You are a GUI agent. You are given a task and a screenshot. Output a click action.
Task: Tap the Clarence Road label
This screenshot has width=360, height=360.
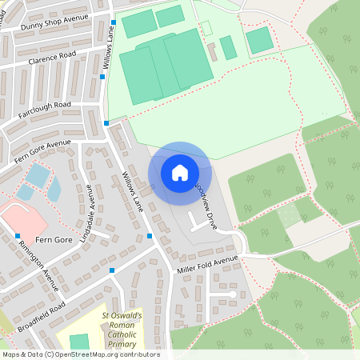[x=51, y=56]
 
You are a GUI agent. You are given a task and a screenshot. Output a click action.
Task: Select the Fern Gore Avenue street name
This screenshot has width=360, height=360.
[x=42, y=151]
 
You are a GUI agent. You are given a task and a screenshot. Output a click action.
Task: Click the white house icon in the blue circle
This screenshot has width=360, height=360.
[x=180, y=173]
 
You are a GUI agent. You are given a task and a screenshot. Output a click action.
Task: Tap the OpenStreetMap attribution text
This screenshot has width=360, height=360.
[x=82, y=354]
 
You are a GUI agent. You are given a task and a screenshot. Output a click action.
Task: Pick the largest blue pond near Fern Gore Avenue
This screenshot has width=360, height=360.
[x=36, y=175]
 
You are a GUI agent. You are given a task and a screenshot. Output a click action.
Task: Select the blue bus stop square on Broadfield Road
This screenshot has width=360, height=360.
[x=112, y=270]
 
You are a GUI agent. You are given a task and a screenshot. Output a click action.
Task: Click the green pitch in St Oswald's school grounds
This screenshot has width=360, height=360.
[x=79, y=342]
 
